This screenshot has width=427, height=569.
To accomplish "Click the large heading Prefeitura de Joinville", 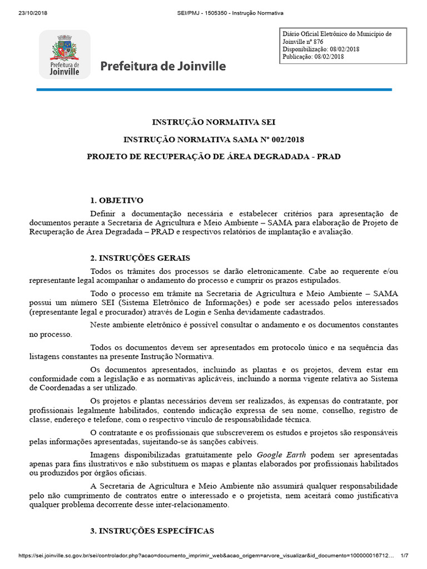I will click(163, 67).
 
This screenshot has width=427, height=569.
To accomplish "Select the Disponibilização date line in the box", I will click(320, 49).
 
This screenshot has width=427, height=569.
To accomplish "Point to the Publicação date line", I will click(314, 57).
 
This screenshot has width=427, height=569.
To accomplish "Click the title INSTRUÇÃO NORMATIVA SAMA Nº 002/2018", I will click(213, 139).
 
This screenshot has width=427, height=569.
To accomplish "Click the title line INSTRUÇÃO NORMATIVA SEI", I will click(213, 122).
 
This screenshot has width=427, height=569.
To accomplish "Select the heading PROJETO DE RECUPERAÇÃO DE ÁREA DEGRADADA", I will click(213, 156).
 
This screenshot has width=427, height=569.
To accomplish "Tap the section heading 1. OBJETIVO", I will click(117, 200).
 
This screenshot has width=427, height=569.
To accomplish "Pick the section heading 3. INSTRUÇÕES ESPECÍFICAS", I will click(152, 531).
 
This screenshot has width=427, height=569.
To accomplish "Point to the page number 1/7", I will click(404, 555).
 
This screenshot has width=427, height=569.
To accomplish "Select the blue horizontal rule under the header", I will click(214, 89).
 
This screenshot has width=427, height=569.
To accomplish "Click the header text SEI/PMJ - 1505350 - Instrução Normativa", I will click(213, 13).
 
